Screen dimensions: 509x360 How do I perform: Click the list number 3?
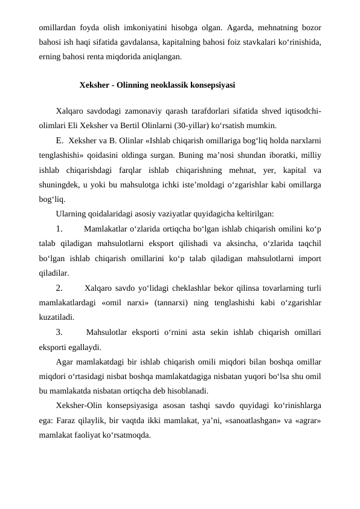click(x=59, y=331)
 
